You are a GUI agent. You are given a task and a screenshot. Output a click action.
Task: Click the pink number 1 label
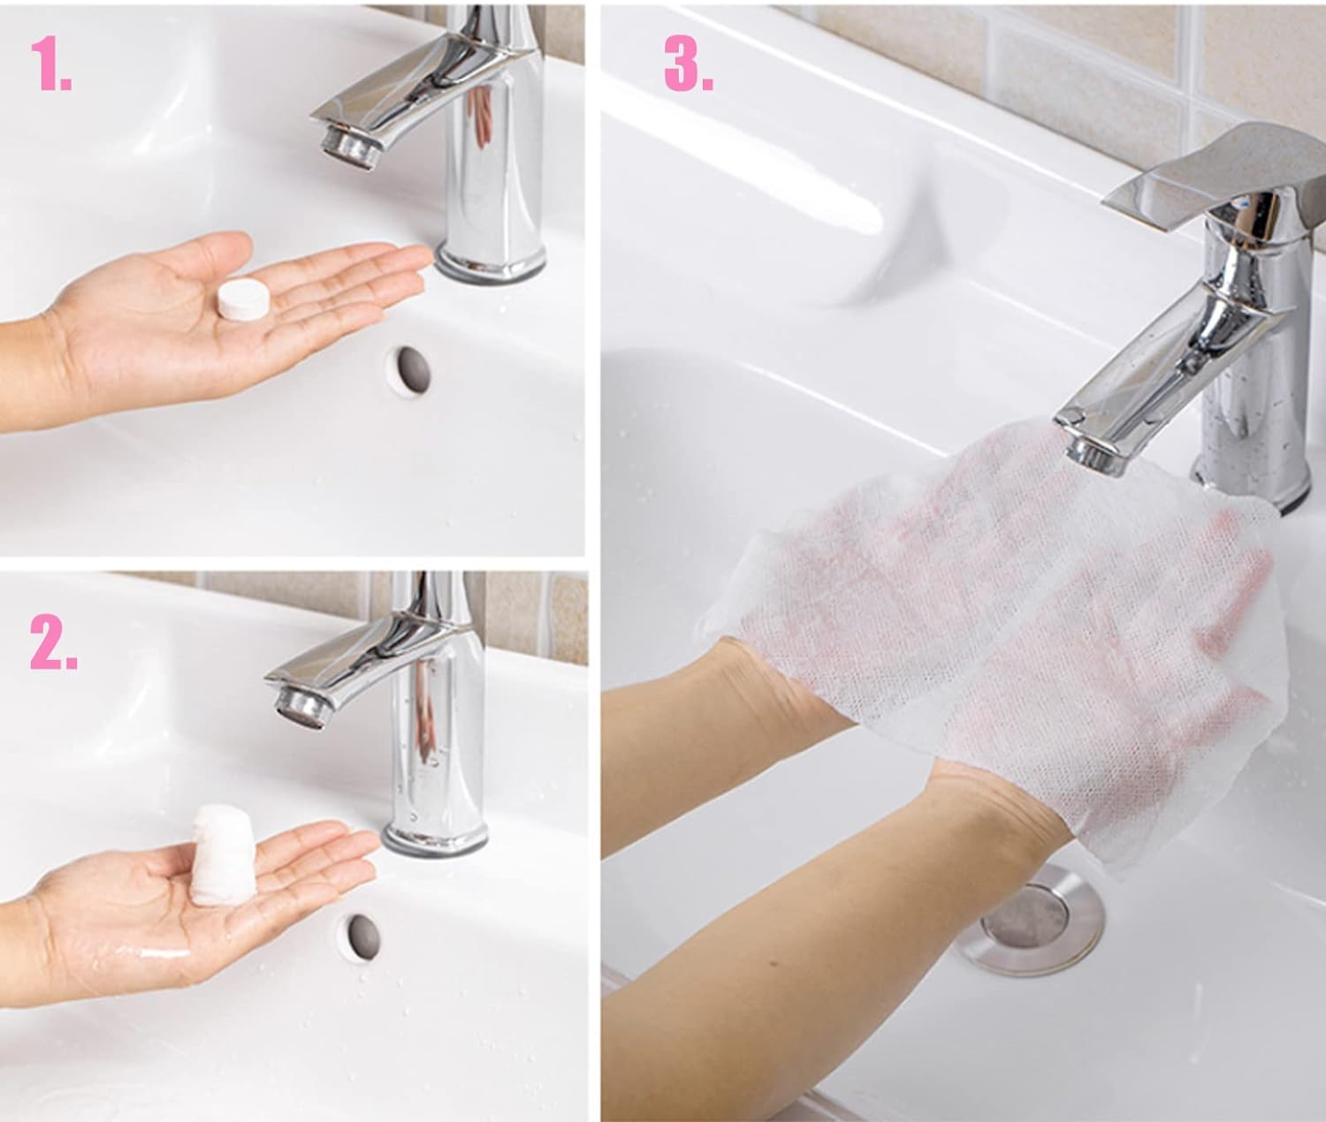click(51, 64)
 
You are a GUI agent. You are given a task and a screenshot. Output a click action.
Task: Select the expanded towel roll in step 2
click(218, 855)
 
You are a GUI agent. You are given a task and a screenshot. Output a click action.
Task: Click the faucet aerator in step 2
click(300, 706)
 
